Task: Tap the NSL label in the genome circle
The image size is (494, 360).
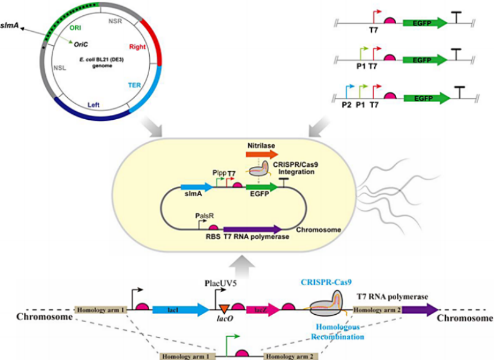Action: (x=61, y=69)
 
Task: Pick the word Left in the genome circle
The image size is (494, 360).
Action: (x=94, y=105)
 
